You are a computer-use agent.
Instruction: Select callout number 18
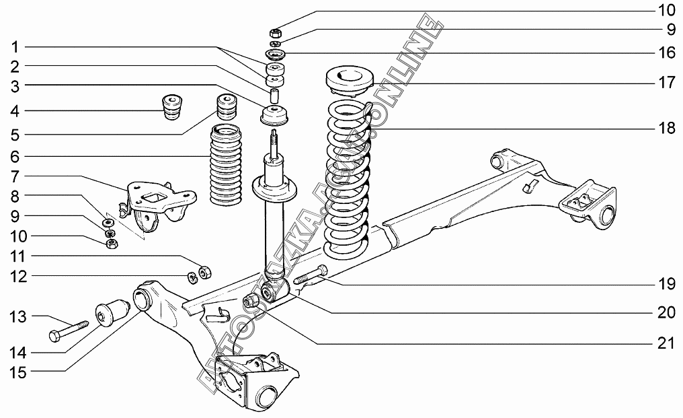point(666,129)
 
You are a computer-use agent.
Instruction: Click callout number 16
point(666,52)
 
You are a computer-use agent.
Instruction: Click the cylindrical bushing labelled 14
point(112,312)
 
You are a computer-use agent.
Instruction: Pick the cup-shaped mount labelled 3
point(274,116)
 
